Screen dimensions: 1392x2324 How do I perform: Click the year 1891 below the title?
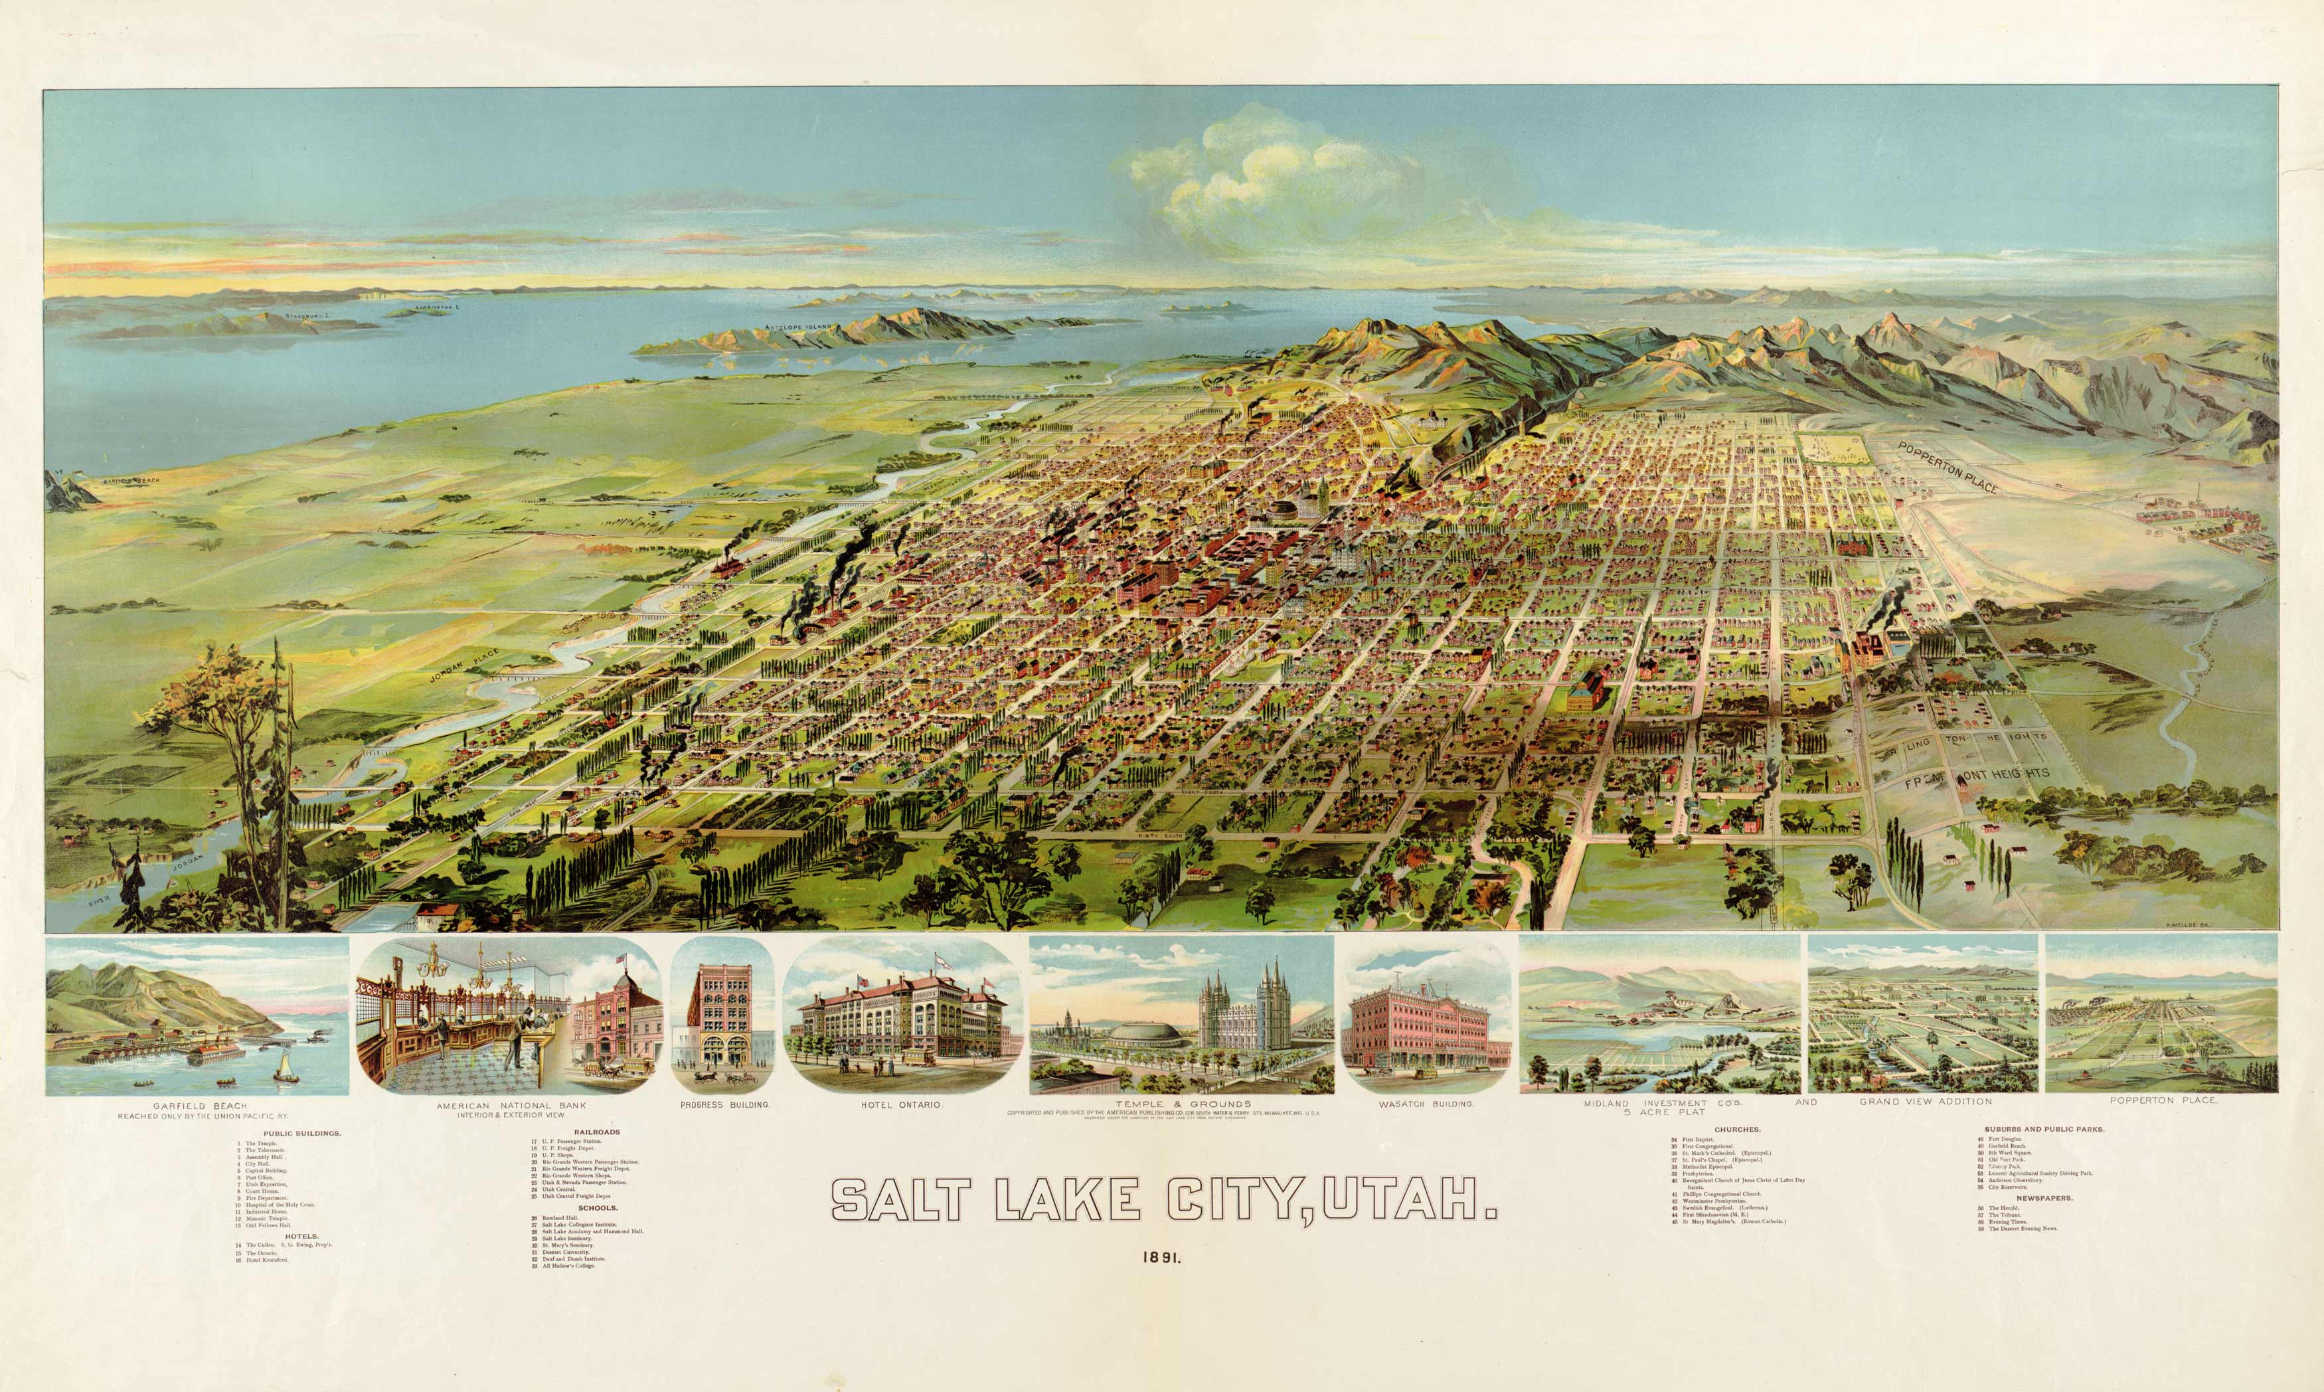[x=1162, y=1260]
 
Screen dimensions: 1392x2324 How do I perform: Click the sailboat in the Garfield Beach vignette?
[x=282, y=1065]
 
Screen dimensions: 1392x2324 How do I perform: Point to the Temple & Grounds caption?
[x=1183, y=1104]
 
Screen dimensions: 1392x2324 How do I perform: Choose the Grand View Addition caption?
[x=1926, y=1101]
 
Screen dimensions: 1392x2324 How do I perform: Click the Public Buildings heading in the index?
[x=302, y=1133]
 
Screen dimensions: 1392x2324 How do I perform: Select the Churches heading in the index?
[x=1737, y=1130]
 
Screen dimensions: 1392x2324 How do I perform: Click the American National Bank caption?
[x=511, y=1106]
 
